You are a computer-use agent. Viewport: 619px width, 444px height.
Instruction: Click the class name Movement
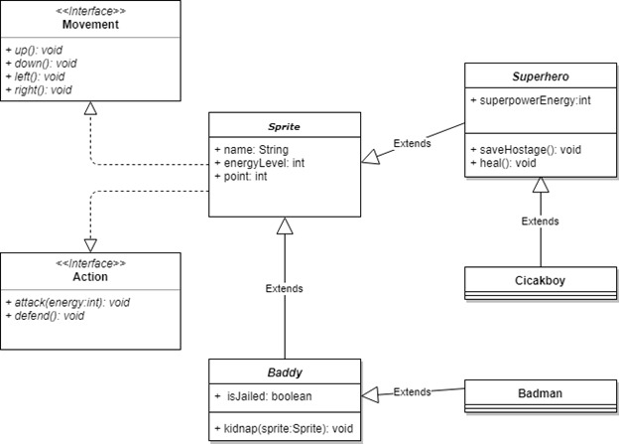click(x=91, y=25)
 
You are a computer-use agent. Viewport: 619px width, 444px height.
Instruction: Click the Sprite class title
click(x=283, y=127)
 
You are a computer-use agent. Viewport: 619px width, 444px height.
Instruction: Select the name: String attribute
click(x=251, y=148)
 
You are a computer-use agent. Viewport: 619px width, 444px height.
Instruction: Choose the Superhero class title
click(x=540, y=77)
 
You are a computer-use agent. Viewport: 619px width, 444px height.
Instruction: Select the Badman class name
click(x=540, y=393)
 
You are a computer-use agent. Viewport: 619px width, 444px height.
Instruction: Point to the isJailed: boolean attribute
click(x=265, y=396)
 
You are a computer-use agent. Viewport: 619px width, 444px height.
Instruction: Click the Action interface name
click(x=91, y=277)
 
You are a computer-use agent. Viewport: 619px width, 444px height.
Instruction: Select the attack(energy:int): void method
click(x=67, y=301)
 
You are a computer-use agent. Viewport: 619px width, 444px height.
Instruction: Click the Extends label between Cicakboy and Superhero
click(x=540, y=221)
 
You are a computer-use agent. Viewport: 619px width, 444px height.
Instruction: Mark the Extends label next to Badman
click(x=413, y=391)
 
